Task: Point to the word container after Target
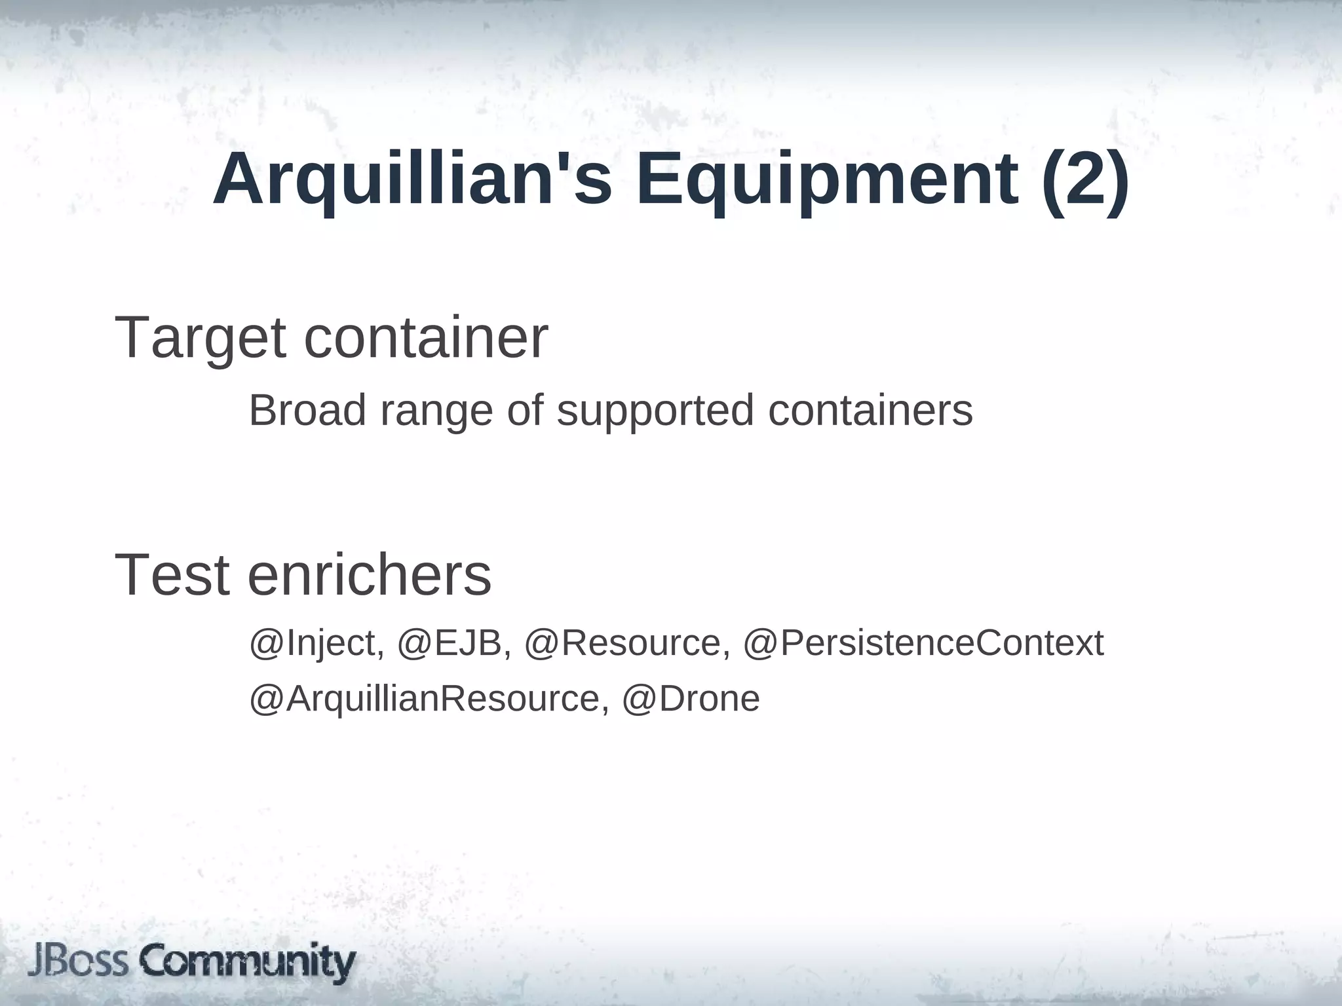tap(426, 338)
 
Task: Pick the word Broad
tap(307, 411)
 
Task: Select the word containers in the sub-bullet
tap(870, 411)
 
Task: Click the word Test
tap(172, 575)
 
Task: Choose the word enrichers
tap(370, 575)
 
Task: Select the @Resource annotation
tap(627, 643)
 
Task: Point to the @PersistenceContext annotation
tap(923, 643)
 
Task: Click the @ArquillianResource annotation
tap(425, 699)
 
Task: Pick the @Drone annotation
tap(691, 699)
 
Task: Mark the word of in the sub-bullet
tap(525, 411)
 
